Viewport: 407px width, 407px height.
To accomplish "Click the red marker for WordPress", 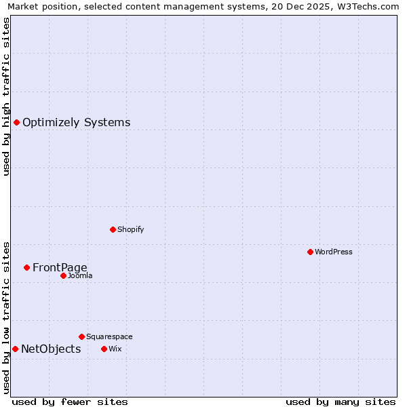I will tap(310, 252).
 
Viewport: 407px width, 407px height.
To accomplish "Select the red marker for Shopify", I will tap(113, 229).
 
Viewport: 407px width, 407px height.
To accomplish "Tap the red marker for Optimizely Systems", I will tap(16, 122).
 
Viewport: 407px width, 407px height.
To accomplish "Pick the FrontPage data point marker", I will tap(26, 267).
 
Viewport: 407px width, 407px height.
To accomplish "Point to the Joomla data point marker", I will tap(63, 275).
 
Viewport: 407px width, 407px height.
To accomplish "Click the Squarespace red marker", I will tap(81, 336).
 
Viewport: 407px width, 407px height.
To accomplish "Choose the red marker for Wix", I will tap(104, 349).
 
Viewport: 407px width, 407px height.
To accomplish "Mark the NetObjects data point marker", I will tap(15, 349).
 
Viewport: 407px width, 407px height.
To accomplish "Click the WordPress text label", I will tap(334, 252).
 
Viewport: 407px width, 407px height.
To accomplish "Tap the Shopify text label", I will tap(131, 229).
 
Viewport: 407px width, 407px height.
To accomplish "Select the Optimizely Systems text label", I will tap(77, 122).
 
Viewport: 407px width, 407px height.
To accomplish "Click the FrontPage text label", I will tap(60, 267).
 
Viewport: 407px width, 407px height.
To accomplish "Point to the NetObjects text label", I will tap(51, 349).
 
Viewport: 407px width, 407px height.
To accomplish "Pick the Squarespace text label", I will tap(109, 336).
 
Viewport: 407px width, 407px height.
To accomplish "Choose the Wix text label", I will tap(115, 349).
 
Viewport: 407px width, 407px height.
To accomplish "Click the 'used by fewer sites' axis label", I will tap(70, 402).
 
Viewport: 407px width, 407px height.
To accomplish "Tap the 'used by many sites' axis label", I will tap(341, 402).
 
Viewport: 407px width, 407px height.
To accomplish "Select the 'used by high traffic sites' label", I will tap(6, 96).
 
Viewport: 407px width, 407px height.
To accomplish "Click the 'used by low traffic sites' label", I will tap(6, 317).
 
